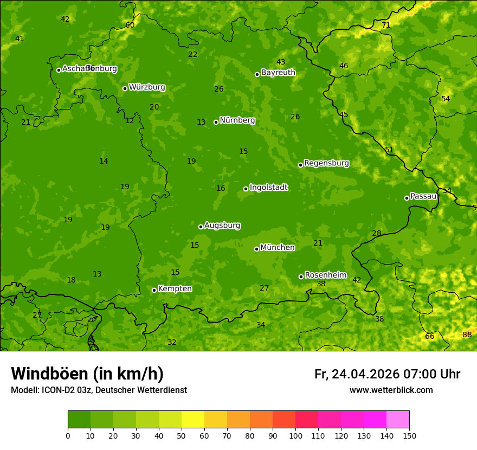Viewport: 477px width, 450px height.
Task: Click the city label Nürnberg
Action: (x=237, y=120)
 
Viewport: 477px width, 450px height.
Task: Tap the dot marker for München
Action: (x=256, y=249)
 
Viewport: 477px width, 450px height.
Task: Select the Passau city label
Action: (x=423, y=196)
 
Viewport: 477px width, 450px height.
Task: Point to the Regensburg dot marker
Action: (x=300, y=165)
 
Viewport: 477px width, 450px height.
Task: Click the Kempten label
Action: (x=175, y=289)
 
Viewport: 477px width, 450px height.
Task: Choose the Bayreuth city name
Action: (x=278, y=73)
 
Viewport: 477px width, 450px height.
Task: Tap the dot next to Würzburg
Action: (x=125, y=88)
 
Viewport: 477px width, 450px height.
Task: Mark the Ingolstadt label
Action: (x=268, y=188)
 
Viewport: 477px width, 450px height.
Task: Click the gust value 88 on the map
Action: (x=467, y=335)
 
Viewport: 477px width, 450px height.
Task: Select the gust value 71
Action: (x=386, y=25)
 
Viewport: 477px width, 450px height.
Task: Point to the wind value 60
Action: (x=130, y=25)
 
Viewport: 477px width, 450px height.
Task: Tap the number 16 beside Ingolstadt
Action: (x=221, y=189)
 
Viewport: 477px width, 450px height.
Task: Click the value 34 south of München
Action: (x=261, y=325)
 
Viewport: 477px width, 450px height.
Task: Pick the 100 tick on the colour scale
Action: (x=295, y=435)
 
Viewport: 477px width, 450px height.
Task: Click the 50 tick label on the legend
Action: (x=182, y=435)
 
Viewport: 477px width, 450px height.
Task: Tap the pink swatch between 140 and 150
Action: (x=398, y=420)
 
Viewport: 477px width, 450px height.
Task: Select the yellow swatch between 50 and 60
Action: (x=193, y=420)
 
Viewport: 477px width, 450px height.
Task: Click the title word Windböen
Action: (x=50, y=374)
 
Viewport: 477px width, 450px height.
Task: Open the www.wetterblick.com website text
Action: (x=391, y=390)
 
